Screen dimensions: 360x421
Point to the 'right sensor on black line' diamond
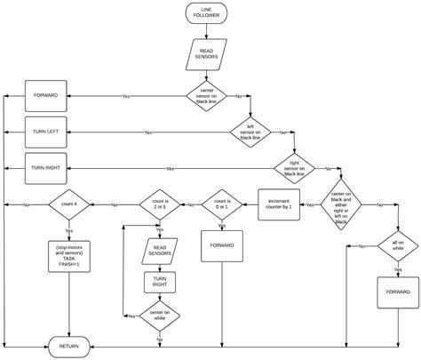pyautogui.click(x=299, y=168)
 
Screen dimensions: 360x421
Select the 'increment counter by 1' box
pyautogui.click(x=279, y=204)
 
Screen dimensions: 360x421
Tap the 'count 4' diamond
pyautogui.click(x=69, y=204)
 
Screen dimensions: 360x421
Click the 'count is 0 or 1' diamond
pyautogui.click(x=220, y=204)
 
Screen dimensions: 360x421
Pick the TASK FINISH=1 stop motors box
pyautogui.click(x=69, y=254)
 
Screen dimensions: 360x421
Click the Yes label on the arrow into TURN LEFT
pyautogui.click(x=147, y=132)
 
